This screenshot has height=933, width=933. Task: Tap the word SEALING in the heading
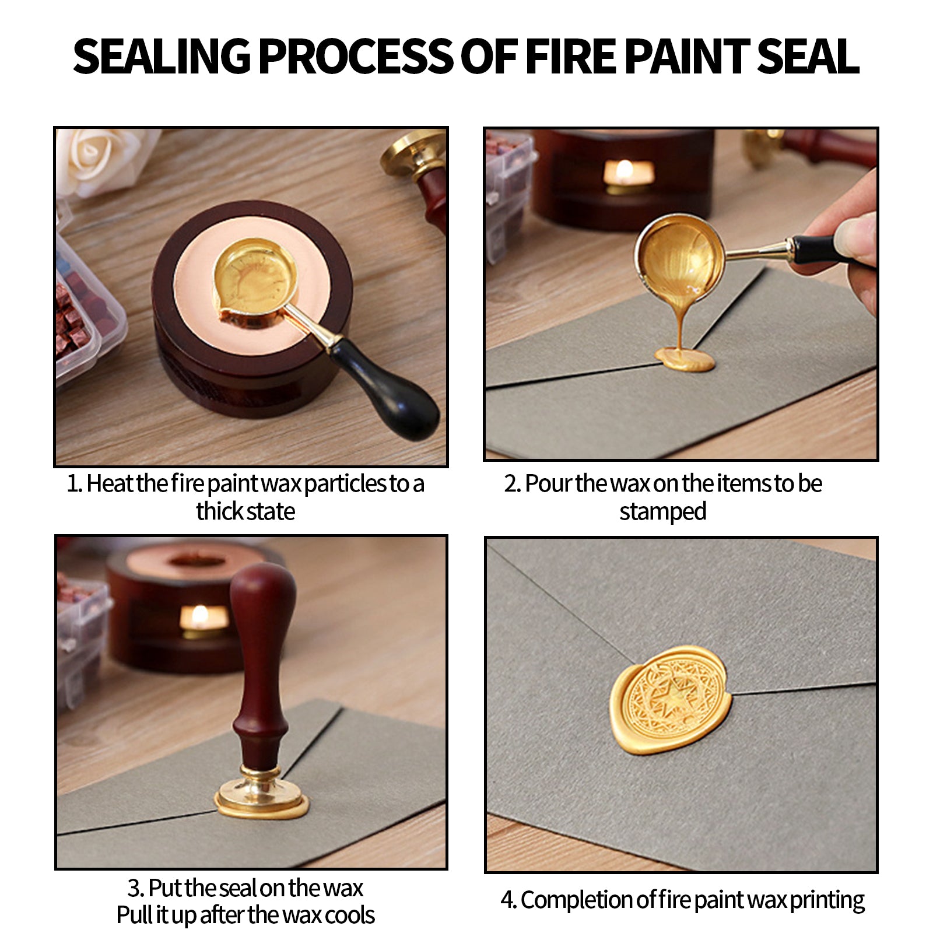(162, 57)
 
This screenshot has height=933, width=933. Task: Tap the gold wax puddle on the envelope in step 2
(685, 358)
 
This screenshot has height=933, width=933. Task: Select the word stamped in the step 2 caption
(662, 512)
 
